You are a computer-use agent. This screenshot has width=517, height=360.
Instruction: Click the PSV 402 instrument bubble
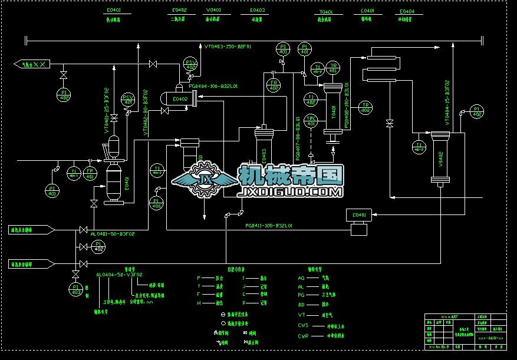[190, 64]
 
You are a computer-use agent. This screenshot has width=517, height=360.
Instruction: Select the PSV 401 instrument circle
[127, 99]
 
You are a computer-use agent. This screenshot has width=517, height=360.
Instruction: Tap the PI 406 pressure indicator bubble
[156, 203]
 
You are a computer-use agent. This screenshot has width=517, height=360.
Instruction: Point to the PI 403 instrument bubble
[75, 289]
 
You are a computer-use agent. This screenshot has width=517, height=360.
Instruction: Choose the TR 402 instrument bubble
[365, 107]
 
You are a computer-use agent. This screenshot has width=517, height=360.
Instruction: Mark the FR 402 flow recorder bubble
[274, 85]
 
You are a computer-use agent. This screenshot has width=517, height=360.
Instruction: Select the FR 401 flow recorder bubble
[91, 173]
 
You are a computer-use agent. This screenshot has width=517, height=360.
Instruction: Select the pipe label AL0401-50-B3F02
[113, 234]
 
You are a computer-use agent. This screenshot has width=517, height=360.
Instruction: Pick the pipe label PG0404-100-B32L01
[213, 86]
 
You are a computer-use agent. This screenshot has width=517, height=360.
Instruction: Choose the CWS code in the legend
[303, 325]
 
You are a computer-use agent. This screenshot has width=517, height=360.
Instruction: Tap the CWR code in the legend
[303, 335]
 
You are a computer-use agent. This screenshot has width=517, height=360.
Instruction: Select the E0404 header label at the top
[407, 12]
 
